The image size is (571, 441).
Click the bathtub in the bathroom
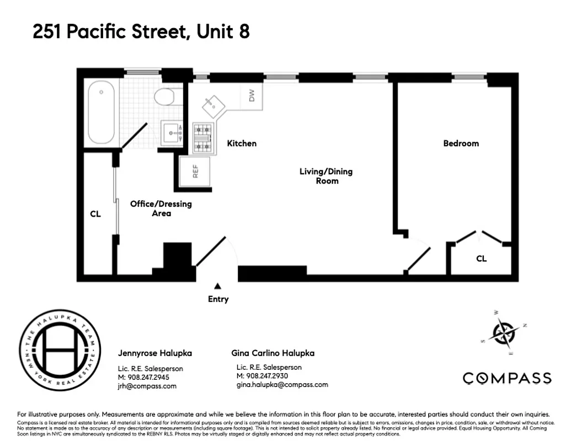[102, 113]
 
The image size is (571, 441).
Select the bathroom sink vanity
[170, 133]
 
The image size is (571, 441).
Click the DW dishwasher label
[252, 96]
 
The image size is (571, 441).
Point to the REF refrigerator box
[195, 171]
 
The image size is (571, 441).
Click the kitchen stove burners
[202, 138]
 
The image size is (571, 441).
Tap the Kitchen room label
[242, 143]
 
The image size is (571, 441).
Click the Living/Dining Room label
[325, 176]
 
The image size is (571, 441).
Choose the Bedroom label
[461, 143]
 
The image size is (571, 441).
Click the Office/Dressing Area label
[161, 208]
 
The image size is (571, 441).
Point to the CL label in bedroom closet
[481, 259]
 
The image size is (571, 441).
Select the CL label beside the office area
[95, 214]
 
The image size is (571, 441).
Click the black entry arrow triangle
[218, 286]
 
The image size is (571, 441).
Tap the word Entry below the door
[218, 299]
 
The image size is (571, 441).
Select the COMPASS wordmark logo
[506, 378]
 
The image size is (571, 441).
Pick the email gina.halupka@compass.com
[282, 385]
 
